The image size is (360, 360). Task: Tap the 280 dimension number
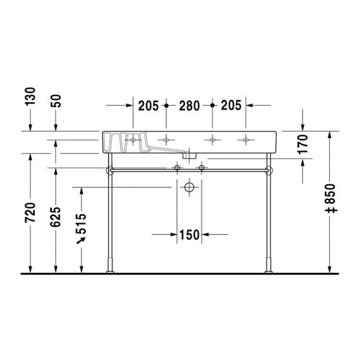189,105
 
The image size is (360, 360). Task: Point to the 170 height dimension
302,147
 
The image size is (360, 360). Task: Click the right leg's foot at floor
269,269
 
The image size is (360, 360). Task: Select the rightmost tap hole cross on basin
247,138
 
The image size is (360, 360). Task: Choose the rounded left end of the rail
109,171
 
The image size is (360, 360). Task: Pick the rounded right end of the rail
270,171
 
